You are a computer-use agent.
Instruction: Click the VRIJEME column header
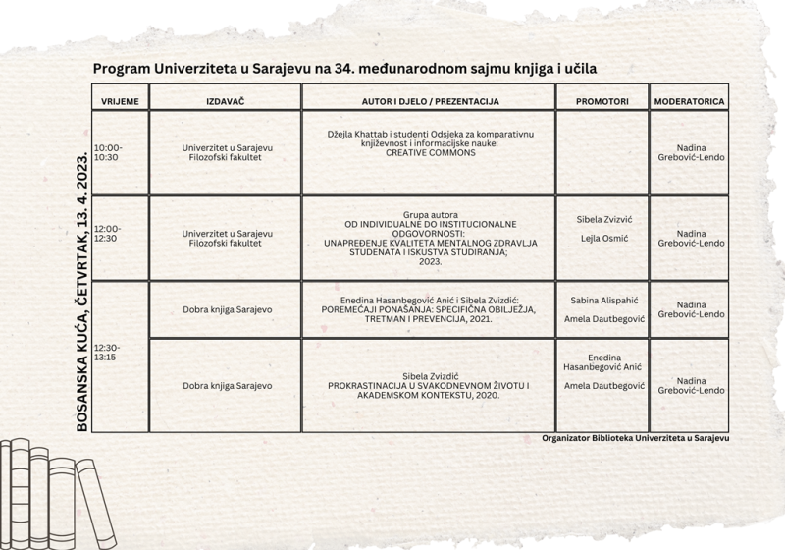tap(120, 101)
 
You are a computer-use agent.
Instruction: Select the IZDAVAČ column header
tap(226, 101)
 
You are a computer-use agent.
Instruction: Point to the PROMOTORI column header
tap(602, 101)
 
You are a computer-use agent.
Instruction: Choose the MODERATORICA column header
tap(690, 101)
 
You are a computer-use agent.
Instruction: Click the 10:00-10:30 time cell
tap(108, 152)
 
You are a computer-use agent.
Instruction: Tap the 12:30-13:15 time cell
tap(108, 353)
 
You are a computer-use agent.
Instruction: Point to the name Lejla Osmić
tap(602, 239)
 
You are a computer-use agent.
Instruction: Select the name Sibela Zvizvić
tap(602, 219)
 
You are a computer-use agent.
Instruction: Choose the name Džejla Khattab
tap(358, 134)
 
